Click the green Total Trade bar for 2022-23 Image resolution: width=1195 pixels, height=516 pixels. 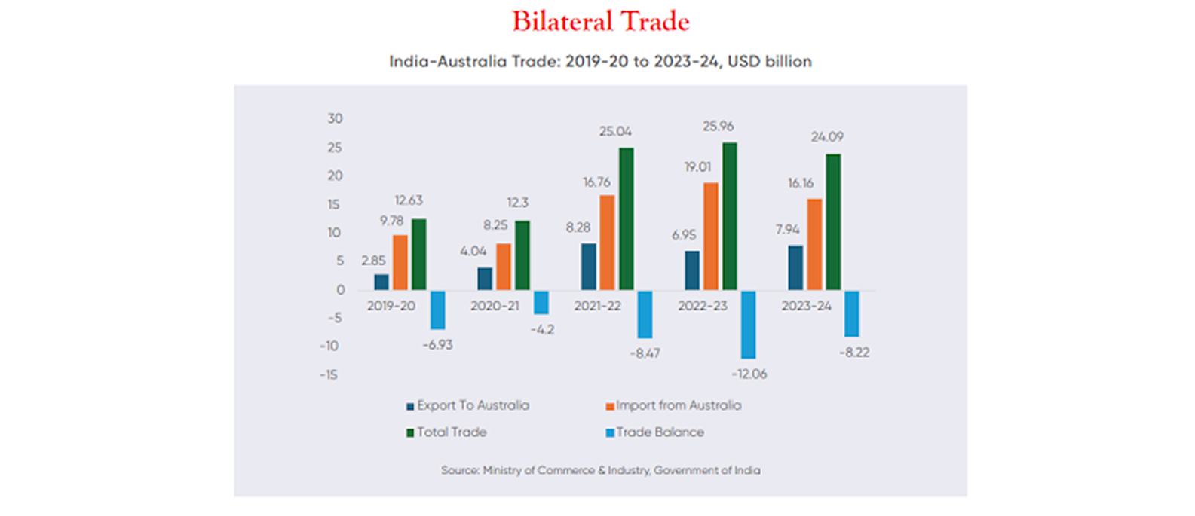pyautogui.click(x=729, y=216)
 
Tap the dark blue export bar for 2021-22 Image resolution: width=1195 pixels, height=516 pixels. pyautogui.click(x=588, y=267)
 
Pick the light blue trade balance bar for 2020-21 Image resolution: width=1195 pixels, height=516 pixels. pyautogui.click(x=541, y=302)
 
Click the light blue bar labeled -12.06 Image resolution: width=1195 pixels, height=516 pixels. pyautogui.click(x=748, y=324)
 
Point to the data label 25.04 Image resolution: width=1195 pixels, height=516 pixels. pyautogui.click(x=615, y=132)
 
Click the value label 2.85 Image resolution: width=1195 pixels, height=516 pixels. pyautogui.click(x=373, y=261)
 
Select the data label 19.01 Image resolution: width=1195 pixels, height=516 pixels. pyautogui.click(x=697, y=167)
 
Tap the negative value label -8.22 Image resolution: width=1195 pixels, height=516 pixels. pyautogui.click(x=854, y=353)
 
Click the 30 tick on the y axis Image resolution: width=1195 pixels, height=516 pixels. pyautogui.click(x=335, y=118)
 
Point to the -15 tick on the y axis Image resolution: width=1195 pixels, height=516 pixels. pyautogui.click(x=329, y=374)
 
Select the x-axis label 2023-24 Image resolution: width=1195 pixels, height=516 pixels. pyautogui.click(x=806, y=307)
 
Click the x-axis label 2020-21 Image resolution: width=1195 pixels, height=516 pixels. pyautogui.click(x=495, y=307)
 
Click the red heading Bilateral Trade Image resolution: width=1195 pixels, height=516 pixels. pyautogui.click(x=601, y=21)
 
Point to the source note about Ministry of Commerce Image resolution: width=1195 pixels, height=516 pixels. pyautogui.click(x=600, y=470)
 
